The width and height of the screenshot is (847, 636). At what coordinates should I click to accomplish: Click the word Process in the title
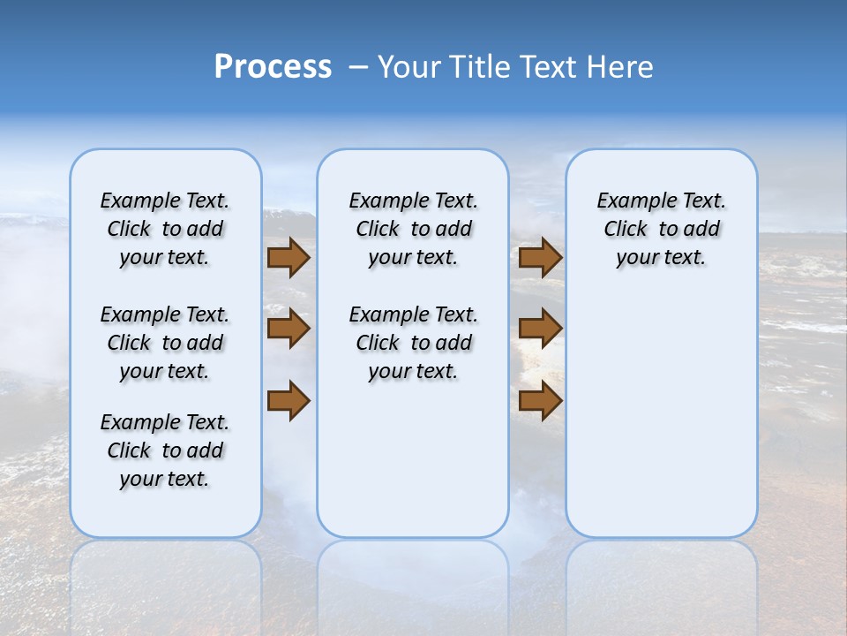[x=273, y=67]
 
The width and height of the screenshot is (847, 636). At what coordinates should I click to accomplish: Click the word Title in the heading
[x=477, y=67]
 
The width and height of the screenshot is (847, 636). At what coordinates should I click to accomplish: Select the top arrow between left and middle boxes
[x=289, y=258]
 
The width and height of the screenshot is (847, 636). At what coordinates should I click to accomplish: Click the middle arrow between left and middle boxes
[x=289, y=329]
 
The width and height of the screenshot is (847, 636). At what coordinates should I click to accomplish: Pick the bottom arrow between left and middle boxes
[x=289, y=401]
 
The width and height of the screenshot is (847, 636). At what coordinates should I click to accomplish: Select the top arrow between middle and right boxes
[x=540, y=258]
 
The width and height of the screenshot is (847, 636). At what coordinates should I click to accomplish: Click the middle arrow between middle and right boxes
[x=540, y=329]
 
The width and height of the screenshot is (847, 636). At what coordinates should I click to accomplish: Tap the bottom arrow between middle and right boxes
[x=540, y=401]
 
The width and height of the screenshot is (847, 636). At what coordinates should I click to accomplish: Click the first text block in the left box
[x=165, y=229]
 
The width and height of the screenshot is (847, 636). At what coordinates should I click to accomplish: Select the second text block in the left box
[x=165, y=343]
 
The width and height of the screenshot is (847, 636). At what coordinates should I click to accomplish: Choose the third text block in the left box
[x=165, y=450]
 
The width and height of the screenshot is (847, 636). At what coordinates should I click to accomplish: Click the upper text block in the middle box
[x=413, y=229]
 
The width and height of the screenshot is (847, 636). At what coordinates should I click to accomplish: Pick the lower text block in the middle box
[x=413, y=343]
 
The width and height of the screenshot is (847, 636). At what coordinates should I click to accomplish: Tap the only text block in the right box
[x=661, y=229]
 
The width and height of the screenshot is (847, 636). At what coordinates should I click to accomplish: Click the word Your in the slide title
[x=409, y=67]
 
